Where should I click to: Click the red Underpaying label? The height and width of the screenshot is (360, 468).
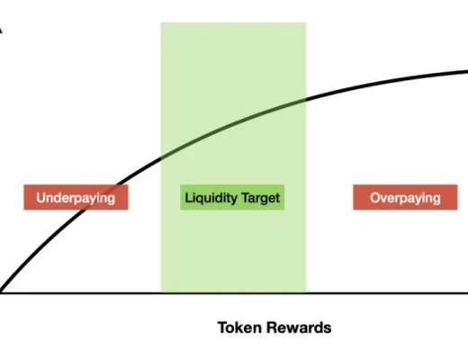pos(76,197)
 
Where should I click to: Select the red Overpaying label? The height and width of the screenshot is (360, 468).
pos(405,197)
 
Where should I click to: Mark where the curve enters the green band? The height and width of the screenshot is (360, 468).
pos(161,157)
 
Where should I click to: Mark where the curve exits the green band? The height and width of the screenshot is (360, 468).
pos(306,98)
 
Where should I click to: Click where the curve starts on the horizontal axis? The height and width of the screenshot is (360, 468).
pos(1,292)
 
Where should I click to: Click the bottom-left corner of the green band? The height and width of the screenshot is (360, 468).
pos(161,292)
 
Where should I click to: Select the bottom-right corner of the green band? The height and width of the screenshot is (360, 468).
pos(306,292)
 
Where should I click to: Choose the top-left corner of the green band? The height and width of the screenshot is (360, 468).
pos(161,22)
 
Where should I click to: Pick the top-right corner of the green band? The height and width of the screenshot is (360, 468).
pos(306,22)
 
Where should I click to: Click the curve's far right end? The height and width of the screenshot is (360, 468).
pos(467,71)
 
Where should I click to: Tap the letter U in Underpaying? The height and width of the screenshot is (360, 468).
pos(40,198)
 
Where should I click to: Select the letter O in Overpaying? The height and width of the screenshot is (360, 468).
pos(375,198)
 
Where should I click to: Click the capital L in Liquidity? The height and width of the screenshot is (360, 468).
pos(188,198)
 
